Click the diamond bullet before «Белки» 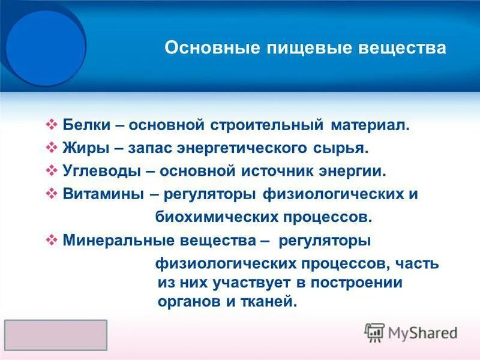point(52,125)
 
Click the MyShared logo point(411,332)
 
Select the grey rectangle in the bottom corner point(56,335)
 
